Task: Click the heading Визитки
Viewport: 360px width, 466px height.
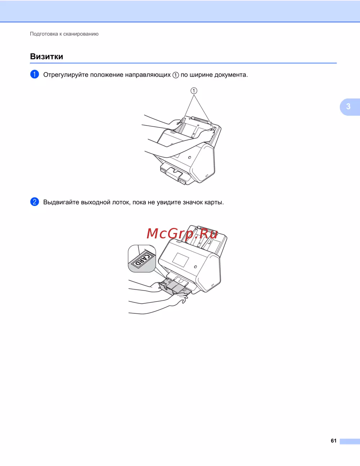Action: point(46,57)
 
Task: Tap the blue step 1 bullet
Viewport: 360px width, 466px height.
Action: point(35,74)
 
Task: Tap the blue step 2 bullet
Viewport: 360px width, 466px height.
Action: point(35,202)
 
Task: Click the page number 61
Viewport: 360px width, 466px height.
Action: point(333,440)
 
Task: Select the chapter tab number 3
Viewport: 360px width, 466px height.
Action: point(348,106)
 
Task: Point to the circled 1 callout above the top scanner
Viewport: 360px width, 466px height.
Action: point(194,91)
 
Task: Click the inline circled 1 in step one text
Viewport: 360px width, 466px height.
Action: point(176,75)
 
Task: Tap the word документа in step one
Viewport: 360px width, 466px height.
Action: point(231,75)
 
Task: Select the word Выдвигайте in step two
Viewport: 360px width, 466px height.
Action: point(61,202)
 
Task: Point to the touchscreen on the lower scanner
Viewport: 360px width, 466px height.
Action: point(180,260)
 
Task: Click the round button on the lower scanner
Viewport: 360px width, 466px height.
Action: point(195,267)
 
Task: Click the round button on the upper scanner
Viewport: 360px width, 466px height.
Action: point(190,158)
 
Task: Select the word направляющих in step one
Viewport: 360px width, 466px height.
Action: point(148,75)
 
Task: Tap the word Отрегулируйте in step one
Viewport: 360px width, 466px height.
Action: point(66,75)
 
